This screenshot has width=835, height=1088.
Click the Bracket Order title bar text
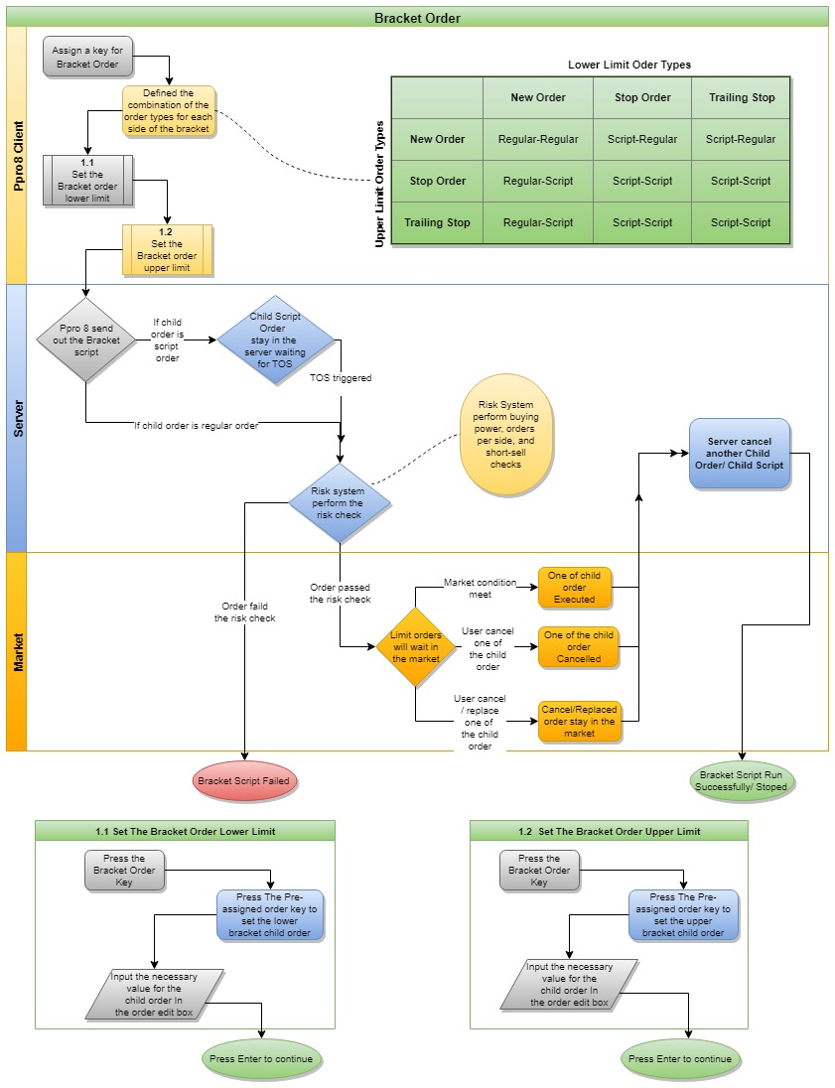pos(417,18)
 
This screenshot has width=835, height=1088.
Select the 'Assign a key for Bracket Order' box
pos(87,57)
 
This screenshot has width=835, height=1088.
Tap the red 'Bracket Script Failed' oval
pos(244,781)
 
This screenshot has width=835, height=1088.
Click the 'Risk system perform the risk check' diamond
pos(340,503)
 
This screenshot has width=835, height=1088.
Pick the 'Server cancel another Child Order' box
pos(740,453)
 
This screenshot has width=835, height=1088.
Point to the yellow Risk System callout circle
pos(505,434)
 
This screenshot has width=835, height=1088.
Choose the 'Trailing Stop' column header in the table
pos(742,97)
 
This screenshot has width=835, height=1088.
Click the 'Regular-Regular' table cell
pos(538,139)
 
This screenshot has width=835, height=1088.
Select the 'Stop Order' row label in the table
pos(437,181)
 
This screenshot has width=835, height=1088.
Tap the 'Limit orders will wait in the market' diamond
pos(415,647)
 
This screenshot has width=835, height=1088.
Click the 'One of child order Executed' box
pos(574,587)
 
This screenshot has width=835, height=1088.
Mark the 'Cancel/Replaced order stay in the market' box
pos(579,722)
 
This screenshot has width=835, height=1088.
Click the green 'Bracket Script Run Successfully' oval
pos(744,780)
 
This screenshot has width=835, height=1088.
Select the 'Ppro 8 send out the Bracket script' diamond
pos(85,340)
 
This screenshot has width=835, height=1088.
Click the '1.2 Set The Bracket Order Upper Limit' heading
pos(609,831)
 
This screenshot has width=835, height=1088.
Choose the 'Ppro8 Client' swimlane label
pos(16,155)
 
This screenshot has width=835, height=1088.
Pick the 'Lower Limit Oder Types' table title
pos(629,65)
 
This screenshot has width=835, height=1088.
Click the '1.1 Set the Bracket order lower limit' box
pos(88,180)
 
